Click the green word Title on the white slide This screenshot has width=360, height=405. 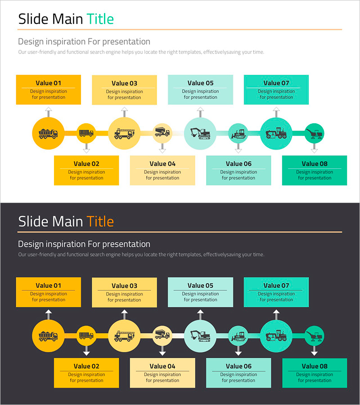tap(100, 19)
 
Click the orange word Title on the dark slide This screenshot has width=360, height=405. tap(100, 221)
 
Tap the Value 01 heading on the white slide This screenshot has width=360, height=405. tap(48, 83)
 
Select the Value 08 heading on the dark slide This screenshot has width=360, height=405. tap(315, 366)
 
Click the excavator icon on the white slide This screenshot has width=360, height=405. tap(200, 133)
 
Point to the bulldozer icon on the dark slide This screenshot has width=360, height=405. tap(238, 335)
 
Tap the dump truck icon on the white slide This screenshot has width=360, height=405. tap(48, 133)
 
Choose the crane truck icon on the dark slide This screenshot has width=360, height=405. tap(124, 335)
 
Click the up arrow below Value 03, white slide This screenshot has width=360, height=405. tap(124, 111)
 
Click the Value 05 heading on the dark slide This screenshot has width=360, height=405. tap(200, 285)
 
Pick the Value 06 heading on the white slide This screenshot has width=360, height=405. tap(238, 164)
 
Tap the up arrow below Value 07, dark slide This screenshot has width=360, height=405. tap(276, 313)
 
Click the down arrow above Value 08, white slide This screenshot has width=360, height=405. tap(315, 148)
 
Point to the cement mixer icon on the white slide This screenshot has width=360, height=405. tap(162, 132)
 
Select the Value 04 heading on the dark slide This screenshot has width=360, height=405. tap(162, 366)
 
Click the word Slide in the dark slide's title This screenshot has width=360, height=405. tap(33, 221)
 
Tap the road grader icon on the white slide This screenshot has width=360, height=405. tap(276, 133)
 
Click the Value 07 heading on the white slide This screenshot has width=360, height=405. tap(276, 83)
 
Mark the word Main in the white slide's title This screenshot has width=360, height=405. tap(67, 19)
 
